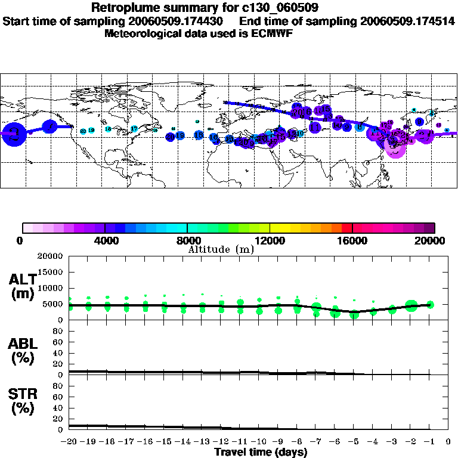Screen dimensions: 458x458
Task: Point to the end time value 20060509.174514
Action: point(407,21)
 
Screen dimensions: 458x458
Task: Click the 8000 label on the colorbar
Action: point(187,241)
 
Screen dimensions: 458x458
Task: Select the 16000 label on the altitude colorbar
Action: point(352,241)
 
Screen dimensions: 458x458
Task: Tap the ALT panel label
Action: point(23,286)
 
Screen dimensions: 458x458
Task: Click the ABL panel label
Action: point(23,350)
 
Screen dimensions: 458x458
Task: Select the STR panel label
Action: point(23,401)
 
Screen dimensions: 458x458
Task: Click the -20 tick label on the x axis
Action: point(69,442)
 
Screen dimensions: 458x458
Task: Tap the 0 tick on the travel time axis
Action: point(448,442)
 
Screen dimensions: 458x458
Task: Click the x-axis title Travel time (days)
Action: point(261,452)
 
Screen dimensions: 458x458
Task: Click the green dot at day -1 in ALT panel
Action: point(430,305)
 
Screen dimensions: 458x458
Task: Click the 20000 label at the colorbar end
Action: point(430,241)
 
